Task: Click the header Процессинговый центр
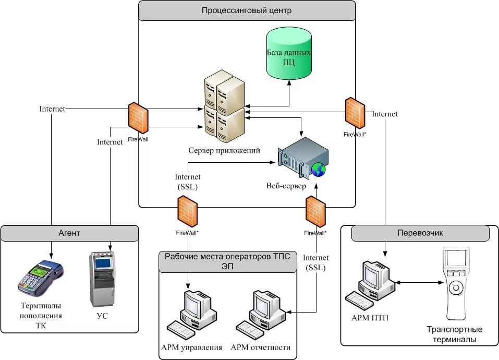pos(247,10)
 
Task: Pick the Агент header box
pos(70,233)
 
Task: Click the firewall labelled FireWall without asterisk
pos(138,118)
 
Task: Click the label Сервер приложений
pos(224,151)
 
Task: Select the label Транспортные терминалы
pos(454,334)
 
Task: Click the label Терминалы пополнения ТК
pos(41,316)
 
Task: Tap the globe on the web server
pos(317,169)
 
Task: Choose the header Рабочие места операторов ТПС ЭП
pos(228,261)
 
